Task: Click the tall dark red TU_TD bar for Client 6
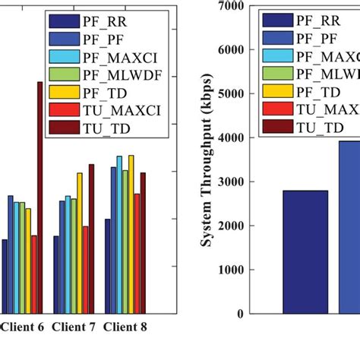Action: coord(40,197)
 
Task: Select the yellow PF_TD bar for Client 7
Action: coord(79,243)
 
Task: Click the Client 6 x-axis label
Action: coord(22,327)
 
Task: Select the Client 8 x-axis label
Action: coord(125,327)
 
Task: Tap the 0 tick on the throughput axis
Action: coord(241,314)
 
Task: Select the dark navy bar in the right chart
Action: coord(306,251)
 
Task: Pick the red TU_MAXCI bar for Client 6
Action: coord(34,274)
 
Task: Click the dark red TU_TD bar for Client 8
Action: coord(143,243)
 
